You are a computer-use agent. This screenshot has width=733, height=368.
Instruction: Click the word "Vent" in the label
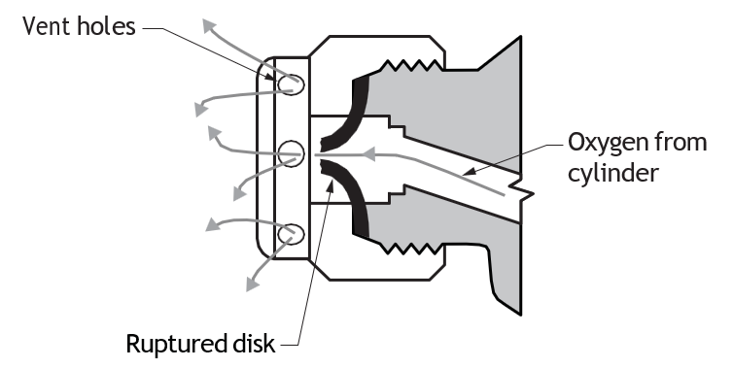click(x=47, y=26)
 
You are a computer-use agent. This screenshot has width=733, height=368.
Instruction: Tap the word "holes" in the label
click(x=106, y=26)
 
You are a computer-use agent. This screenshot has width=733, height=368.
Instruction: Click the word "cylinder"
click(x=613, y=172)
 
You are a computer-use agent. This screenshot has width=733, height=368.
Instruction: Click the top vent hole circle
click(x=291, y=84)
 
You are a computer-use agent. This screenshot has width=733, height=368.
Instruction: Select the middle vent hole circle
click(x=291, y=153)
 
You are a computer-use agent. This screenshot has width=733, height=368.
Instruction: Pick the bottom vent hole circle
click(x=291, y=234)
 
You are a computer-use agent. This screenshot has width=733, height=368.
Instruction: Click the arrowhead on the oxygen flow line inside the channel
click(x=368, y=153)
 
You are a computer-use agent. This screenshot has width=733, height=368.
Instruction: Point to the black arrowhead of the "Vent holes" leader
click(x=268, y=75)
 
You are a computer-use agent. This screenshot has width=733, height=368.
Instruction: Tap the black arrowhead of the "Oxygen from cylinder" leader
click(x=470, y=172)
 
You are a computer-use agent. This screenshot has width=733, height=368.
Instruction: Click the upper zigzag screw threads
click(x=411, y=65)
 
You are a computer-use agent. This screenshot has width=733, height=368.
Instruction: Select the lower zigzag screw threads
click(x=411, y=249)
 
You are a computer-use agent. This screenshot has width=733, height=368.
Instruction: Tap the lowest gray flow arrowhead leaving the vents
click(x=252, y=284)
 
